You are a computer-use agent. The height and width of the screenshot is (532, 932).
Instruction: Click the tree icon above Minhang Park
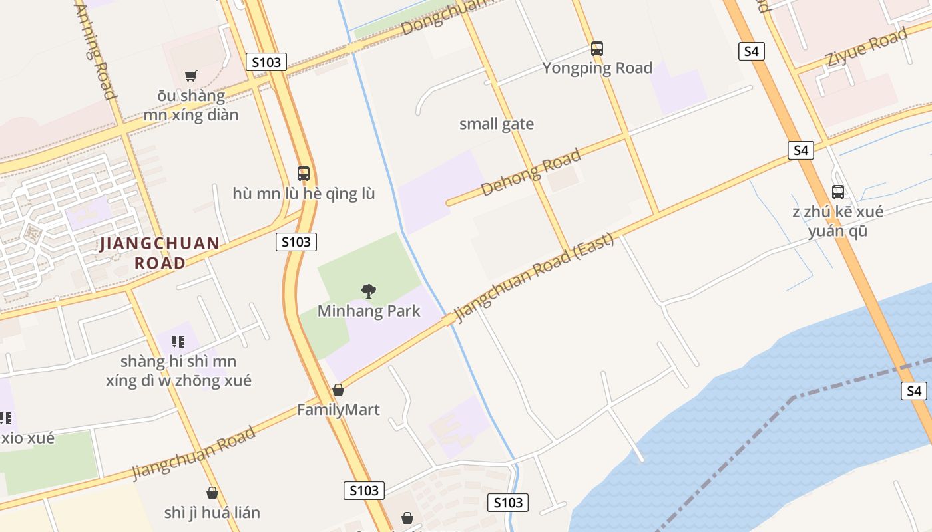(368, 291)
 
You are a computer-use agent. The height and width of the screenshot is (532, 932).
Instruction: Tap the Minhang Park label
(369, 311)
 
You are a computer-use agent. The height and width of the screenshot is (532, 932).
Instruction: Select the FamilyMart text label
(338, 410)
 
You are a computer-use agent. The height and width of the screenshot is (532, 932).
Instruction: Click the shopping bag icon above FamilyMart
(338, 390)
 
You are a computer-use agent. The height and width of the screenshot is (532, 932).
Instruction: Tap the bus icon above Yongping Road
(597, 48)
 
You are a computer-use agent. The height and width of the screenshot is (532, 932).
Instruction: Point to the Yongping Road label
(597, 68)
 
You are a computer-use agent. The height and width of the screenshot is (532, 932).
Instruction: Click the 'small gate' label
(497, 124)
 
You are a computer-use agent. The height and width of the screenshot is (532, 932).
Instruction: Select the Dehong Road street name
(531, 173)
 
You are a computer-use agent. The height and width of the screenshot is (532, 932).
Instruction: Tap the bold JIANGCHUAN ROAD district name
(160, 253)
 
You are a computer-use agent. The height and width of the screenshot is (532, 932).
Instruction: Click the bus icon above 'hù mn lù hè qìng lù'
(304, 174)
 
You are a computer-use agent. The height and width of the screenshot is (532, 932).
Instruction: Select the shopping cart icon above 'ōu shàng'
(191, 76)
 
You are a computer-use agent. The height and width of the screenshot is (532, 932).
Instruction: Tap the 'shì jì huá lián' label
(212, 513)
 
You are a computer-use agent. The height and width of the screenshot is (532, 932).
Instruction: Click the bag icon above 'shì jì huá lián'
(212, 493)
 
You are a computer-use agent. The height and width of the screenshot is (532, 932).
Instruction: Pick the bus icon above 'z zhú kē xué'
(838, 192)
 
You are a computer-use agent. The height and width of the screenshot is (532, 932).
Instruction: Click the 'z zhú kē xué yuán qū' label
(837, 221)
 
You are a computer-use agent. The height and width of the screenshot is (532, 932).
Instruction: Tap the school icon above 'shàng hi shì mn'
(178, 342)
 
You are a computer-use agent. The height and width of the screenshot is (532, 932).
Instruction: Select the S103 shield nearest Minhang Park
(296, 242)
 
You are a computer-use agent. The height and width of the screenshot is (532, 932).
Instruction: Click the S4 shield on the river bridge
(914, 391)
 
